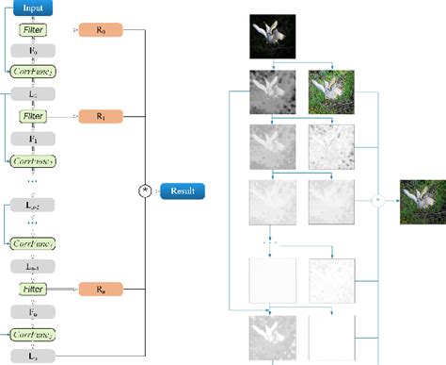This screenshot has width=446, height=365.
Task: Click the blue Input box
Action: point(32,8)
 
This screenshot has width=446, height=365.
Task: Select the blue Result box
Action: point(182,191)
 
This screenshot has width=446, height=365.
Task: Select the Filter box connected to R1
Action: point(32,117)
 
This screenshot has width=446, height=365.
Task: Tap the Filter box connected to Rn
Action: point(32,289)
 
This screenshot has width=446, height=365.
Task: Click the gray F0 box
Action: point(32,51)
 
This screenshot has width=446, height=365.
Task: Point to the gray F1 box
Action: point(32,138)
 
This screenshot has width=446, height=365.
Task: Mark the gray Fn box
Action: point(32,310)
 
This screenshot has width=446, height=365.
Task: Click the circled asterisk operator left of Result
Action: point(145,191)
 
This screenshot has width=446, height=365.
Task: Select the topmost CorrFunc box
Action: point(32,72)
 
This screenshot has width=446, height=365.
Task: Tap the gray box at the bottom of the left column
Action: point(32,356)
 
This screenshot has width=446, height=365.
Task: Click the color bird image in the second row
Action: point(330,92)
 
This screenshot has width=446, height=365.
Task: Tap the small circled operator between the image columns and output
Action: point(377,201)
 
